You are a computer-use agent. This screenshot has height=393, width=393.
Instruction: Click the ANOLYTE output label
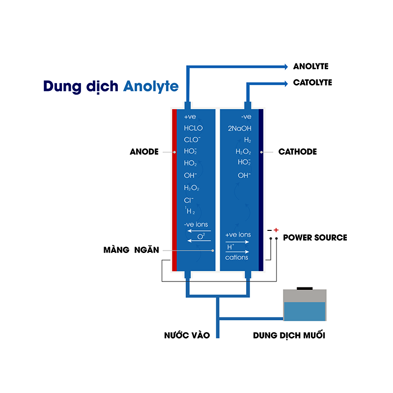[310, 66]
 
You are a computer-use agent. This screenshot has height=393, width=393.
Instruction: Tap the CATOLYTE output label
[312, 83]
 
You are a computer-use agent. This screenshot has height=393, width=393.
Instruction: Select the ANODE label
[144, 152]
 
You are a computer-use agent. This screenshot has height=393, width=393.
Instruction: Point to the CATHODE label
[297, 152]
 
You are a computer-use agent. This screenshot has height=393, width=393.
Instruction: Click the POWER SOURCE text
[315, 238]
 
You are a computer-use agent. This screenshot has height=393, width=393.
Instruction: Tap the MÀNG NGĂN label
[131, 250]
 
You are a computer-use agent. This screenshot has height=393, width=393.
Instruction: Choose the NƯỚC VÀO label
[187, 336]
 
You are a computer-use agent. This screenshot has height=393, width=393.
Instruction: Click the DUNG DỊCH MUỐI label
[289, 336]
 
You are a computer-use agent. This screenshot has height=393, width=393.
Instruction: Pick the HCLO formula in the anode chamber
[193, 128]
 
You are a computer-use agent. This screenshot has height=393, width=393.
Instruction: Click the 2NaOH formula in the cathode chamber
[239, 128]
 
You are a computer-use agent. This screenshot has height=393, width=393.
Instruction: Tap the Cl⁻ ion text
[189, 200]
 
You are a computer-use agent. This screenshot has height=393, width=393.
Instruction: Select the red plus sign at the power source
[276, 230]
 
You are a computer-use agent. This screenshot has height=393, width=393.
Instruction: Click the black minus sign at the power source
[269, 230]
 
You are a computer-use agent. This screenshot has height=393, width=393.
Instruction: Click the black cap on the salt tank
[305, 288]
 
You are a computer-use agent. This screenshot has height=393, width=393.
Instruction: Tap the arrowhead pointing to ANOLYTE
[285, 66]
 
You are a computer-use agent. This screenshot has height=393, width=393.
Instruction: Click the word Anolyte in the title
[151, 86]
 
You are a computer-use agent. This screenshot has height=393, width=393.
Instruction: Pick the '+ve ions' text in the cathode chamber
[238, 235]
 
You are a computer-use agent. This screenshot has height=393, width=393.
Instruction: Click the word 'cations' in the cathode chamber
[237, 257]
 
